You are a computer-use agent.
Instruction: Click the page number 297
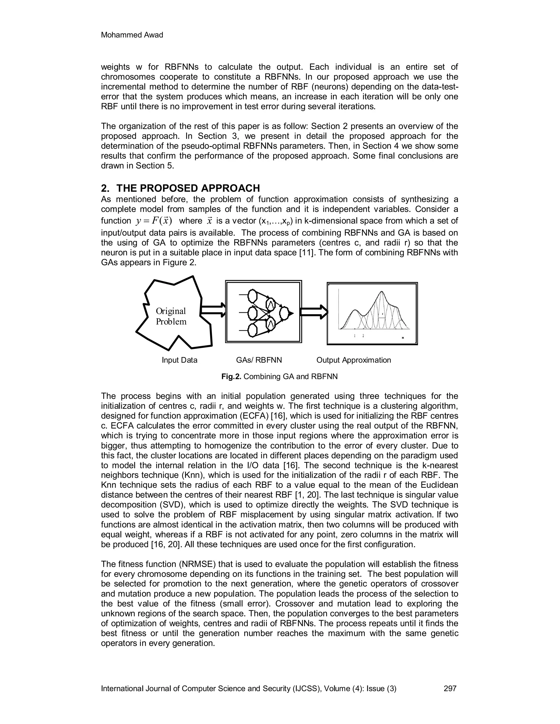(450, 688)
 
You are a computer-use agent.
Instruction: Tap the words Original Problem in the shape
(171, 316)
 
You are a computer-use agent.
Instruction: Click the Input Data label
(179, 360)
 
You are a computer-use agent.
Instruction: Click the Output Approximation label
(354, 360)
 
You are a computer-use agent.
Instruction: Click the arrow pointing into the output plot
(314, 312)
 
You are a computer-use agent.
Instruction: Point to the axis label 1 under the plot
(355, 336)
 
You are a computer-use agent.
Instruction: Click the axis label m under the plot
(403, 338)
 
